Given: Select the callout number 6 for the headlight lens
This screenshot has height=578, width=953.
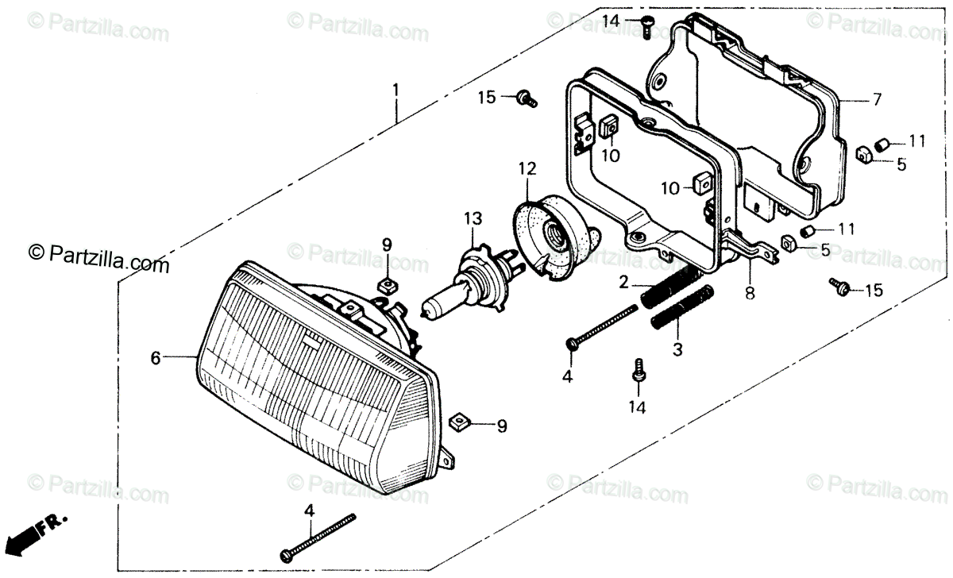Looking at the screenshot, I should (x=156, y=358).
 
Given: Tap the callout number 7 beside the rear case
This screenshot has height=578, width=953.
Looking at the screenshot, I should (x=877, y=100).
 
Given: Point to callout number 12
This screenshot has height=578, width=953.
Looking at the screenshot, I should (x=528, y=168).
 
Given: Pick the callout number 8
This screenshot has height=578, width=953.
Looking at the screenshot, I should (x=750, y=293).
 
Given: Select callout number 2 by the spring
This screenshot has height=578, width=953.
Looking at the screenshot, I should (x=624, y=282).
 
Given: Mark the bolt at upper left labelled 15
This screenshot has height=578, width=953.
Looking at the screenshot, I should (x=525, y=98).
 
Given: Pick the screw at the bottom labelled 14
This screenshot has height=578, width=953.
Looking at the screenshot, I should (x=637, y=372).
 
